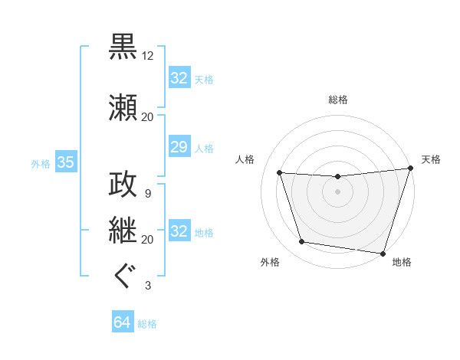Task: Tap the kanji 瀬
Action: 123,106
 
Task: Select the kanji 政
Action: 123,183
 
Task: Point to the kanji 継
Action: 123,229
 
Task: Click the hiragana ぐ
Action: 123,275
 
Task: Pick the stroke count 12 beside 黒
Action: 148,56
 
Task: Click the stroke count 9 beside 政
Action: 147,194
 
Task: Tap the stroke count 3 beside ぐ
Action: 147,286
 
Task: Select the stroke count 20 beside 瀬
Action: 148,117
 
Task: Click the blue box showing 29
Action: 179,147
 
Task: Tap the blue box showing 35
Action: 65,162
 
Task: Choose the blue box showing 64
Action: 123,323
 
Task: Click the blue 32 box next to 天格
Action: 179,78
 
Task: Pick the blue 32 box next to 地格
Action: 179,231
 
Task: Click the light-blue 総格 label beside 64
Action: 148,324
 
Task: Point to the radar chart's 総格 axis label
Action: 338,100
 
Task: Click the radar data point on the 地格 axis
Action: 383,253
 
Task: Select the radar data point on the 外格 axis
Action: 302,242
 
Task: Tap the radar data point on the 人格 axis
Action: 280,173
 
